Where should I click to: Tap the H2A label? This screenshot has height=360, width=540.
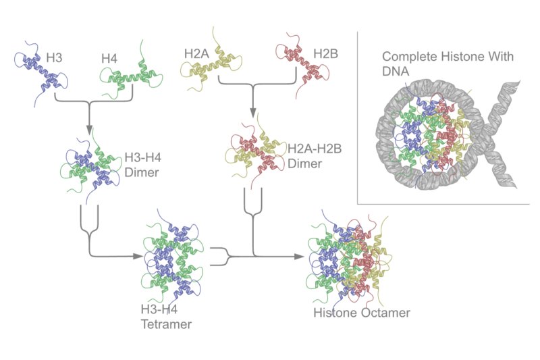(x=197, y=53)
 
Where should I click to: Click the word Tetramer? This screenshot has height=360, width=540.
(x=165, y=324)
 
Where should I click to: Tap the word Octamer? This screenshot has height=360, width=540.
(x=385, y=313)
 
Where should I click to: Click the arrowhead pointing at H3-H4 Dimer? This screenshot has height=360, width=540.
(x=88, y=130)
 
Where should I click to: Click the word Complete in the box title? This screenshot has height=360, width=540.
(x=406, y=57)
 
